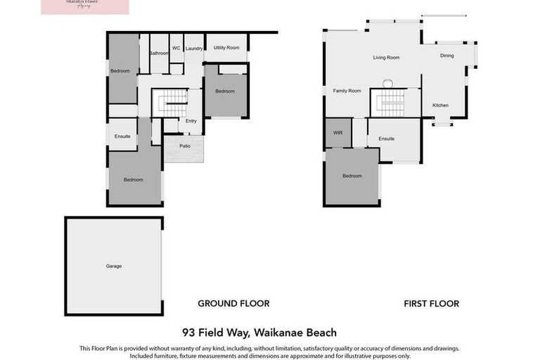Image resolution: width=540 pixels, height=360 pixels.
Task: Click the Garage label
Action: (114, 266)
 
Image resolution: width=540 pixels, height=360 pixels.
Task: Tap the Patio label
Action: (185, 146)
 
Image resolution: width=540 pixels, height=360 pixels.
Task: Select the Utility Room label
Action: (226, 48)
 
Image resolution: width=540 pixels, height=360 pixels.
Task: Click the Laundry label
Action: (194, 49)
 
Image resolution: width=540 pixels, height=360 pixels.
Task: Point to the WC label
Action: (176, 48)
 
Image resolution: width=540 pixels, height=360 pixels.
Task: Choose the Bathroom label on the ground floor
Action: (159, 53)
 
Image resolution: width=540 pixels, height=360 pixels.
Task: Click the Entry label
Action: (191, 121)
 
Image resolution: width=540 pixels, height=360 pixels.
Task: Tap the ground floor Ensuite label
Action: (122, 136)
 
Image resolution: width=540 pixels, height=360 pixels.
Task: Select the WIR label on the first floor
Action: (337, 132)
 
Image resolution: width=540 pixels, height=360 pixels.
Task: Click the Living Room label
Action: (386, 58)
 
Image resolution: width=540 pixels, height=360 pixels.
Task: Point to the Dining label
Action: (446, 56)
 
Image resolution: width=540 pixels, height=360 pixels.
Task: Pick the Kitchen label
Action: (440, 105)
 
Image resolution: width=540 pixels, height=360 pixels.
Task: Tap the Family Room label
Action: (347, 91)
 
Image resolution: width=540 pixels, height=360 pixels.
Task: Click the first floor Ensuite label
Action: (386, 139)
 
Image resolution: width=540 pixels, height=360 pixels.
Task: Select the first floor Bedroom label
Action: (352, 176)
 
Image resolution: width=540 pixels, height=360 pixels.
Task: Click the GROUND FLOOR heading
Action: (233, 304)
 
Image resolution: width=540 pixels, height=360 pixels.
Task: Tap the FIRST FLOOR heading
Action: (431, 304)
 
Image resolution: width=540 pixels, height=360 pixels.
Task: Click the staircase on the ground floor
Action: (170, 103)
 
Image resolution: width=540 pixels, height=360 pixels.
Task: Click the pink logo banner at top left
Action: (85, 6)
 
